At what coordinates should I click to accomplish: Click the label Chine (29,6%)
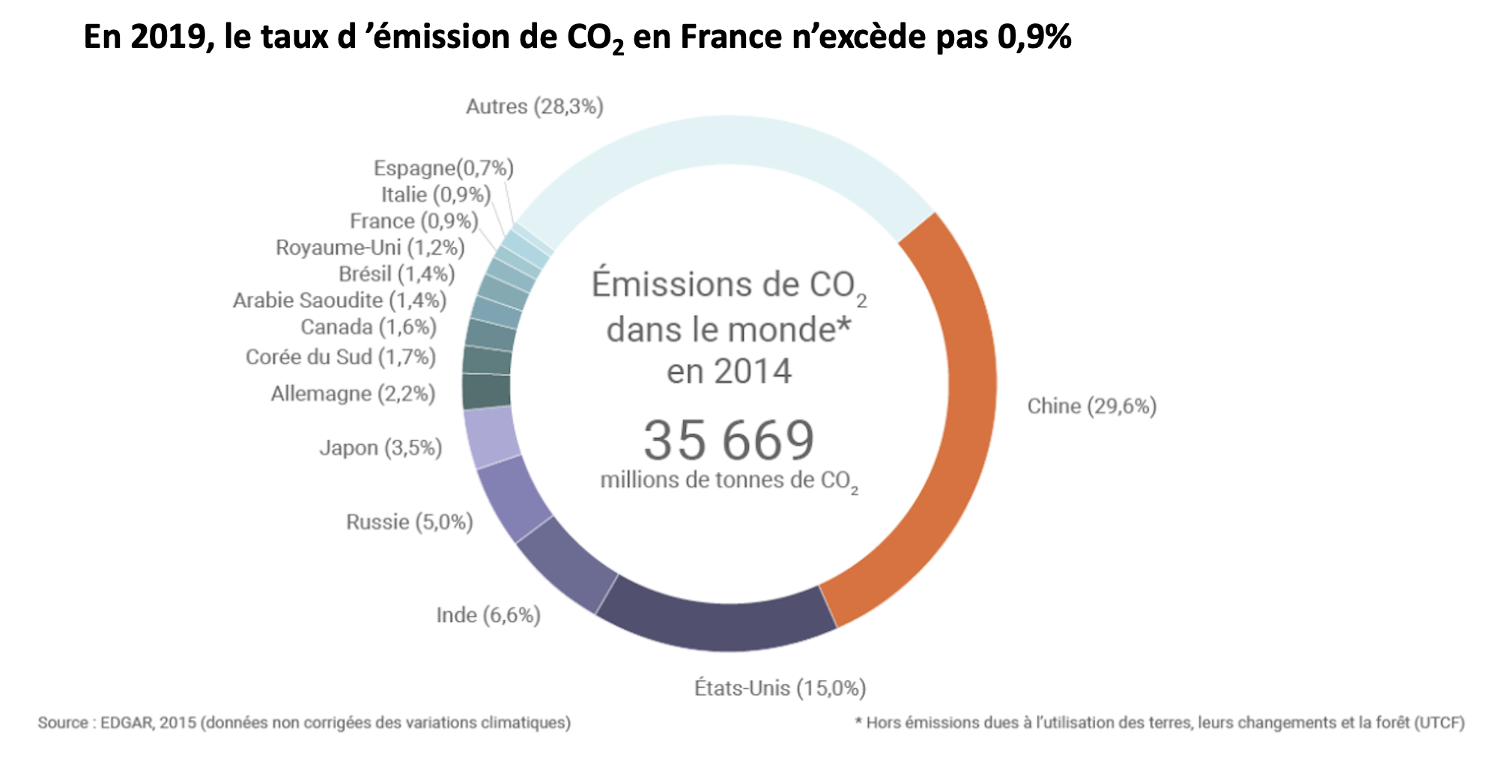coord(1091,406)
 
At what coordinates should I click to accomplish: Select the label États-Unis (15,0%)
coord(780,688)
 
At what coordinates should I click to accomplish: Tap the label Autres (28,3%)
coord(534,106)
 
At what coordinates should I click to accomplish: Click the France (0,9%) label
coord(414,221)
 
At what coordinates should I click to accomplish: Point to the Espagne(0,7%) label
coord(443,168)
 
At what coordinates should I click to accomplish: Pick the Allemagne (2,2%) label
coord(353,393)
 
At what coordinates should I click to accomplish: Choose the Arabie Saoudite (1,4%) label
coord(339,300)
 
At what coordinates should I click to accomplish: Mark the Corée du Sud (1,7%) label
coord(340,357)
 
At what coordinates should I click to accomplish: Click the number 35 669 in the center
coord(729,440)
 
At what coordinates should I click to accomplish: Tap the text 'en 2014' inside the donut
coord(729,372)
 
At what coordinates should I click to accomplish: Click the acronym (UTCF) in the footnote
coord(1438,723)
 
